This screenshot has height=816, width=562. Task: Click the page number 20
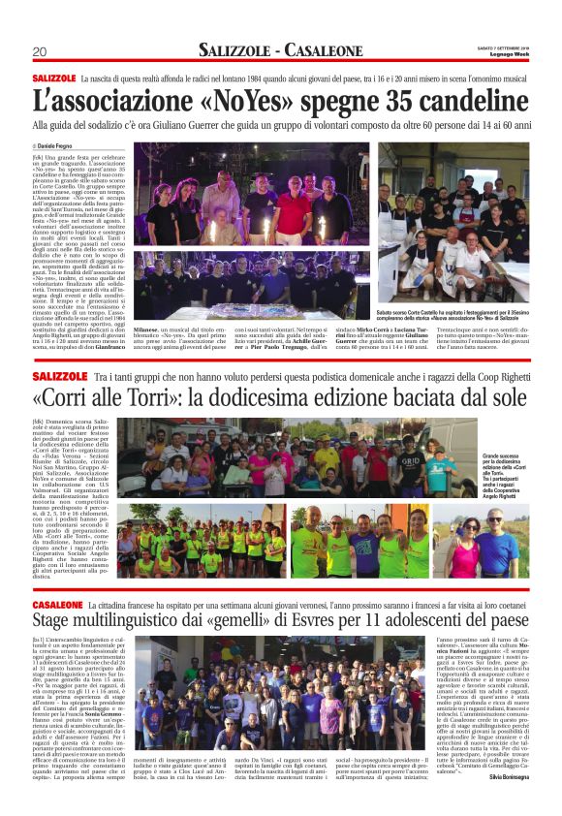pyautogui.click(x=40, y=51)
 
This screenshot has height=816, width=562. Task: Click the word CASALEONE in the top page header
pyautogui.click(x=327, y=50)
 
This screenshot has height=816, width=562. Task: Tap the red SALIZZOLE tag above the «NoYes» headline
pyautogui.click(x=53, y=78)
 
